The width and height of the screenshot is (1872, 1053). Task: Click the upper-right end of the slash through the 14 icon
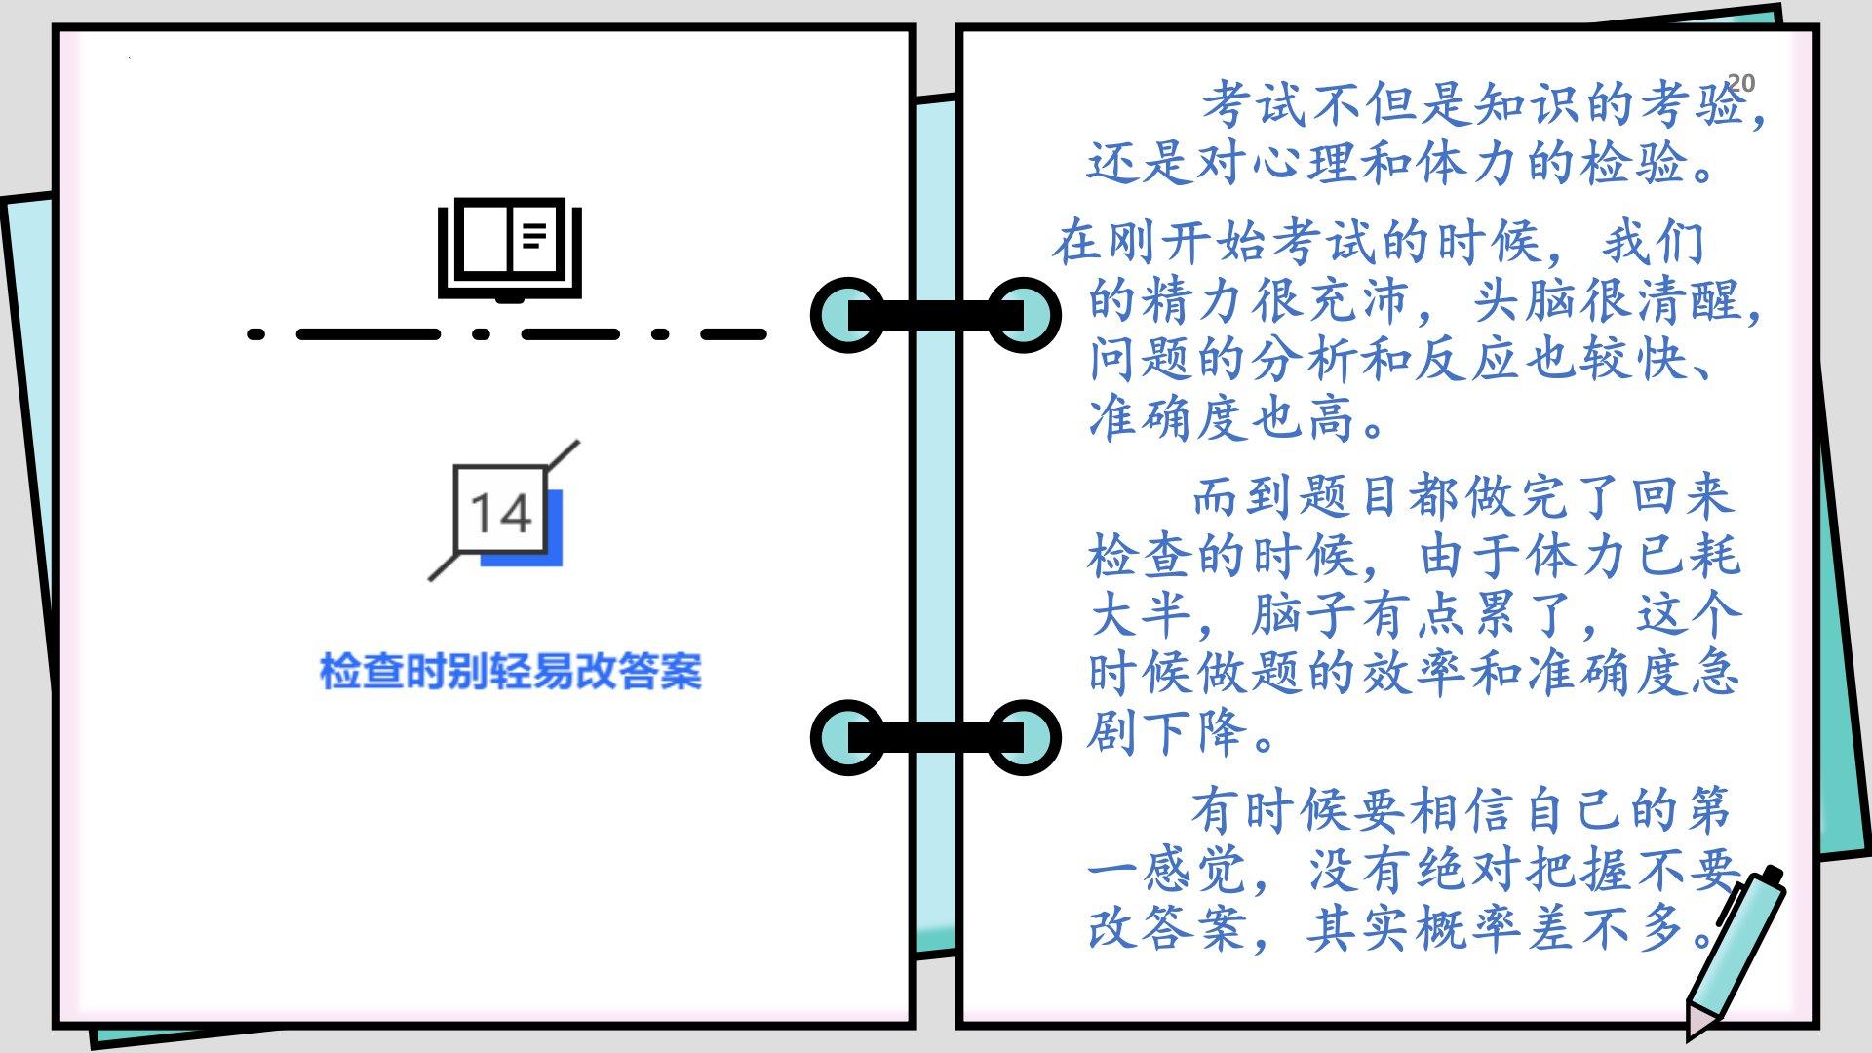coord(578,442)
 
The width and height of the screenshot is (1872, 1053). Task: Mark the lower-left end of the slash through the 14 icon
coord(430,579)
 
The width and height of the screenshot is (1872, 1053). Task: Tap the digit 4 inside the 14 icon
coord(514,513)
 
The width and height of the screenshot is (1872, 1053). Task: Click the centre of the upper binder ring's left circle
coord(848,315)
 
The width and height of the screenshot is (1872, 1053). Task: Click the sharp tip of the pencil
coord(1694,1035)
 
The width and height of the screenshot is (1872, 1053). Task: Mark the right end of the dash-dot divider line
coord(765,334)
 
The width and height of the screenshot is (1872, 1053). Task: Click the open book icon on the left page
coord(509,250)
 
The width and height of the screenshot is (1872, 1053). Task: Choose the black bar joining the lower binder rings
coord(936,738)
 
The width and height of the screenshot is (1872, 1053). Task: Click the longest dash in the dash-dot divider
coord(369,334)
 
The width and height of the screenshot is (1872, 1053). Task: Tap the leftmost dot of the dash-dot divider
coord(256,334)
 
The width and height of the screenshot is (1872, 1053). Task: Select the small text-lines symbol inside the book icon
coord(533,234)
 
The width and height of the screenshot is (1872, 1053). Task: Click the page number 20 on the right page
coord(1740,83)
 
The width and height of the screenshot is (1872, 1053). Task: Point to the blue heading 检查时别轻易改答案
coord(511,672)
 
